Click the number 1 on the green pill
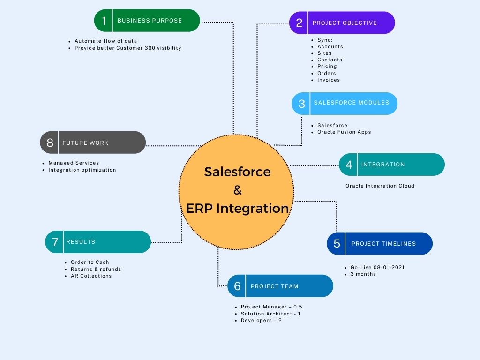[x=104, y=21]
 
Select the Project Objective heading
[x=345, y=23]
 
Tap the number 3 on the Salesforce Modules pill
[x=301, y=104]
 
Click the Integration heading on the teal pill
[x=383, y=165]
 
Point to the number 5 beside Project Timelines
[x=337, y=244]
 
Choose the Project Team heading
[x=274, y=286]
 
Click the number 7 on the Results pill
[x=55, y=242]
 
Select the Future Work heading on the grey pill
[x=85, y=143]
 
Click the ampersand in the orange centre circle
[x=237, y=190]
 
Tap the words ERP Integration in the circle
[x=237, y=208]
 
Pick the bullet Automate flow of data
[x=106, y=41]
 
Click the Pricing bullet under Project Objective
[x=327, y=67]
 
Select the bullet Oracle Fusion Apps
[x=344, y=132]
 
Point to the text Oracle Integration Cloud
[x=380, y=186]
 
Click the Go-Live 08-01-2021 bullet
[x=377, y=268]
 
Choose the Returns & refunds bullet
[x=96, y=270]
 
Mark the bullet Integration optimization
[x=82, y=170]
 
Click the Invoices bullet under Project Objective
[x=328, y=80]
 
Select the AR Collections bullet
[x=91, y=276]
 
